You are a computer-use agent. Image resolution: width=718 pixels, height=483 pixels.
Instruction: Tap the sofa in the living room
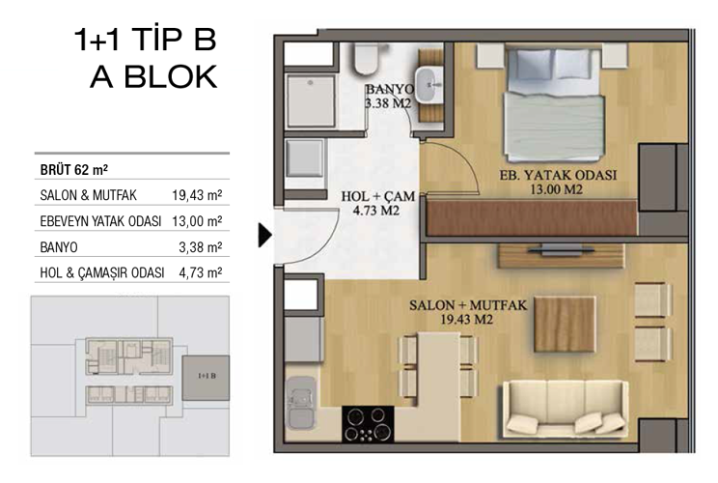tap(562, 405)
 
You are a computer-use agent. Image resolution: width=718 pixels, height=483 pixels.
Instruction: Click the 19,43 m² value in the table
tap(198, 194)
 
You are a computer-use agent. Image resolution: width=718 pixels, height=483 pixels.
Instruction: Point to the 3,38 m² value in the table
tap(202, 246)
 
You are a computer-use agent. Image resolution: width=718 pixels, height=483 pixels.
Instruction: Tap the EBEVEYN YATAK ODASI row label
tap(99, 220)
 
